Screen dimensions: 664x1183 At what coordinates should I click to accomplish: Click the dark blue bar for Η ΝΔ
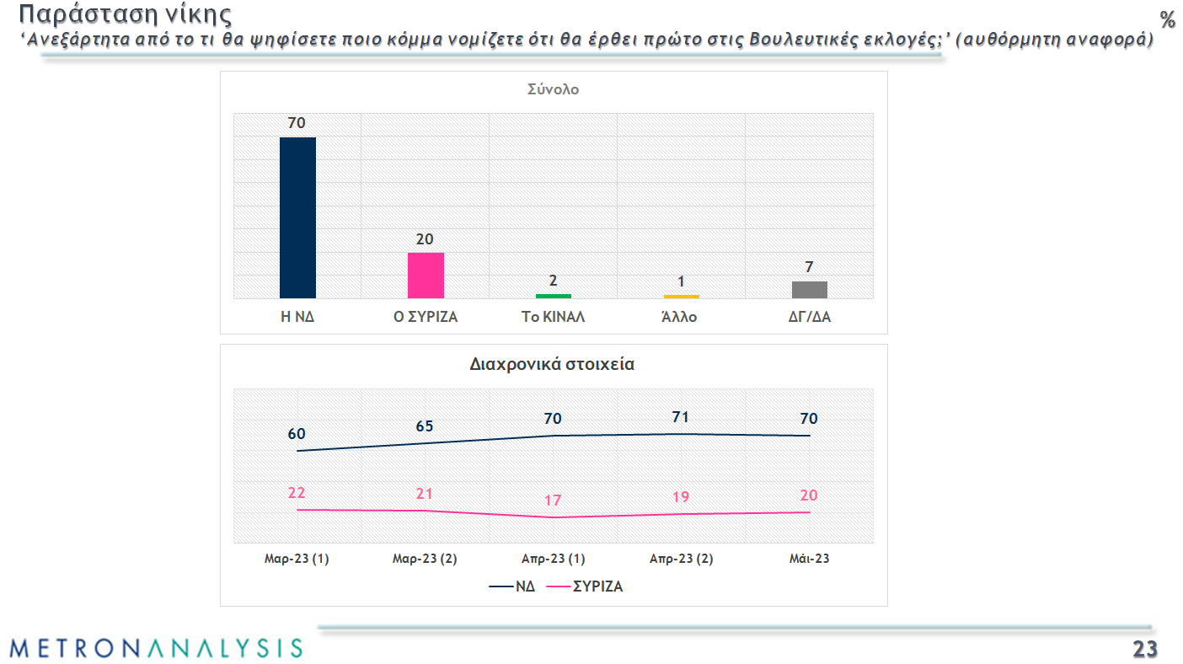pyautogui.click(x=297, y=217)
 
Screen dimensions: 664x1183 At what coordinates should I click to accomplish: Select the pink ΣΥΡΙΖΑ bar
pyautogui.click(x=426, y=275)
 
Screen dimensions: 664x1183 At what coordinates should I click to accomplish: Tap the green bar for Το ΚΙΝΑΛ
pyautogui.click(x=554, y=296)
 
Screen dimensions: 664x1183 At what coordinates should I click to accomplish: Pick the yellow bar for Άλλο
pyautogui.click(x=682, y=296)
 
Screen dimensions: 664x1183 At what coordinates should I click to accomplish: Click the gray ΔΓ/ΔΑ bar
pyautogui.click(x=810, y=289)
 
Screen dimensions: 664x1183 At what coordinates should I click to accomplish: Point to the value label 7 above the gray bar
pyautogui.click(x=809, y=267)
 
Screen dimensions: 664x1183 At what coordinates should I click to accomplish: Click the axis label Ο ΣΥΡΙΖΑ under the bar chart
pyautogui.click(x=426, y=318)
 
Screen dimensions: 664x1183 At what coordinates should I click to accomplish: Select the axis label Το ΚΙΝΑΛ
pyautogui.click(x=554, y=318)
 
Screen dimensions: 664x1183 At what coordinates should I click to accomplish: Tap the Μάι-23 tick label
pyautogui.click(x=809, y=559)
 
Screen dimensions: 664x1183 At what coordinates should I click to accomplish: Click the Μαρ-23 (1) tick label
pyautogui.click(x=297, y=559)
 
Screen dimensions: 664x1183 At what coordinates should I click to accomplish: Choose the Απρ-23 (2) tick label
pyautogui.click(x=681, y=559)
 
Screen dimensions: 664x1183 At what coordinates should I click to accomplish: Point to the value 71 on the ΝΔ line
pyautogui.click(x=681, y=417)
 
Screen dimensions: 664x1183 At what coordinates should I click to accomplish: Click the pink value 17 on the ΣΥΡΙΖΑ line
pyautogui.click(x=553, y=500)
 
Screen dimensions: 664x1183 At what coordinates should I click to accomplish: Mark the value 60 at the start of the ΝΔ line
pyautogui.click(x=297, y=434)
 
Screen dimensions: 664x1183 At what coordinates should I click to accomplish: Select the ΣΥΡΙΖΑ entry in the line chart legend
pyautogui.click(x=597, y=586)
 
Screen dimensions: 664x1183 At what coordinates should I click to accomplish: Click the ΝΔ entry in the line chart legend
pyautogui.click(x=525, y=586)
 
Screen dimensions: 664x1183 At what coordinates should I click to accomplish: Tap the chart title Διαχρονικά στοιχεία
pyautogui.click(x=553, y=365)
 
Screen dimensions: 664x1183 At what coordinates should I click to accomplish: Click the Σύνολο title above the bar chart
pyautogui.click(x=553, y=89)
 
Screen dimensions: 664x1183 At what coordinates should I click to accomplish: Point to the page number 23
pyautogui.click(x=1144, y=649)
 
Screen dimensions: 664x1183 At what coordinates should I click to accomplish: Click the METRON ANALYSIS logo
pyautogui.click(x=156, y=647)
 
